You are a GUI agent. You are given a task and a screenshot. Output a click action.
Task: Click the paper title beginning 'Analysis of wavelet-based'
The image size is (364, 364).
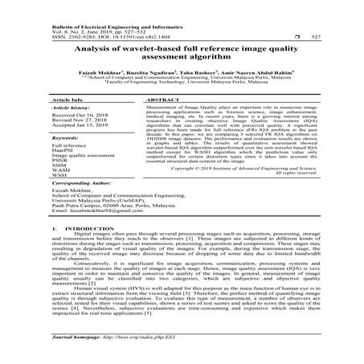tap(182, 54)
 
